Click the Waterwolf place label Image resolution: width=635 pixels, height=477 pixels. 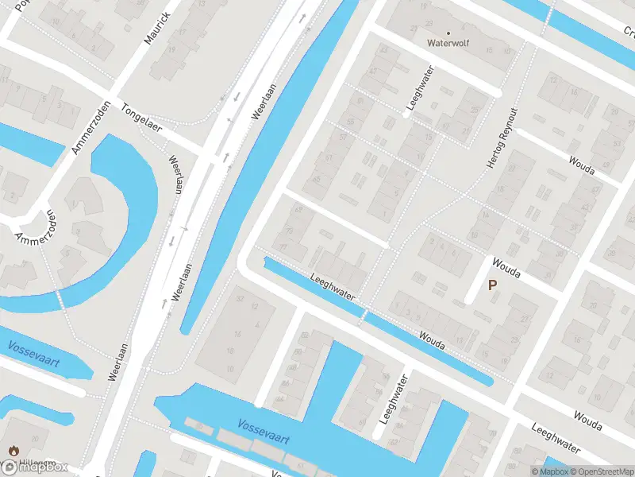click(x=448, y=44)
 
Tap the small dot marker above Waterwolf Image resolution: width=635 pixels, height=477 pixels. click(x=448, y=33)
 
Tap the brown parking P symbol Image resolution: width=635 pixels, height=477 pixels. click(x=492, y=285)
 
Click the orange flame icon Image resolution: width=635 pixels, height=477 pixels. click(x=13, y=451)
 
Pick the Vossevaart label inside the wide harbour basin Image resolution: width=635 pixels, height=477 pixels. click(x=264, y=432)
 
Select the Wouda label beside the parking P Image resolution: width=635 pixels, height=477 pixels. click(x=506, y=268)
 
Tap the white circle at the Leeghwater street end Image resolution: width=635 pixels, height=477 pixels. click(x=406, y=115)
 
